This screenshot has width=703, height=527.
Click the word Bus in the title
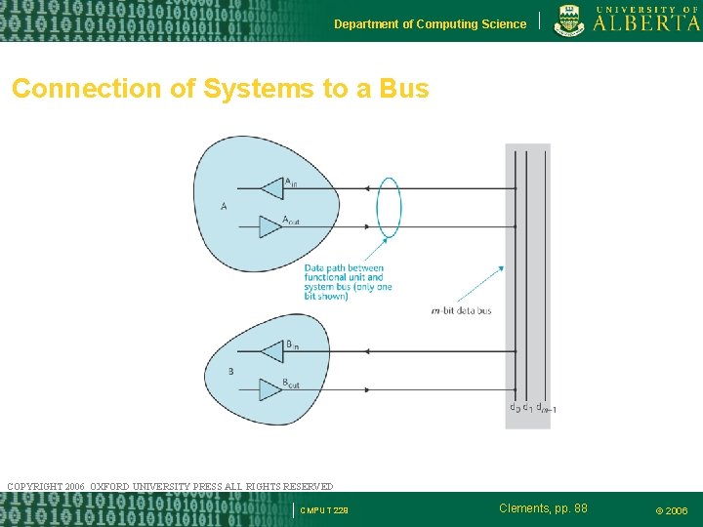point(403,89)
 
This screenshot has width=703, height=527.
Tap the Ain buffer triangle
point(270,187)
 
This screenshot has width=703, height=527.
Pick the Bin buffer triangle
point(270,350)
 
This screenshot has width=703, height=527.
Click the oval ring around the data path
point(389,207)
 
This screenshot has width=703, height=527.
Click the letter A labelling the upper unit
point(225,206)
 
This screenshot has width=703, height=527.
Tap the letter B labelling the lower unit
point(230,371)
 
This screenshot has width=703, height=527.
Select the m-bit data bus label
point(461,311)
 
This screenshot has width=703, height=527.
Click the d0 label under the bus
point(514,408)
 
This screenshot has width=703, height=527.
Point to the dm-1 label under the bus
point(547,409)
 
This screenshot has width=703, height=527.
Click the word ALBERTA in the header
point(646,23)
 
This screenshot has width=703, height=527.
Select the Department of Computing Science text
point(430,24)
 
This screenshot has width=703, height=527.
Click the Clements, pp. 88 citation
point(543,508)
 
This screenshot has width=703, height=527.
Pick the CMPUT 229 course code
point(324,510)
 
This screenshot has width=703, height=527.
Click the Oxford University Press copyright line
point(170,486)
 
